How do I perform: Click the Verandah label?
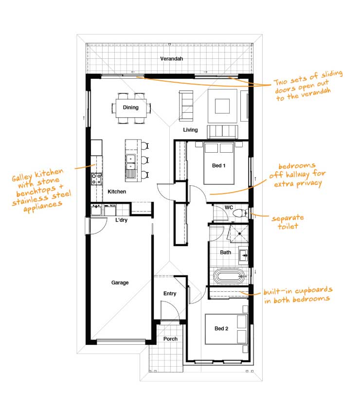(172, 59)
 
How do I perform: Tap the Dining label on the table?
(131, 107)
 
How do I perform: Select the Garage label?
(120, 283)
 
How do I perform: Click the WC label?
(229, 207)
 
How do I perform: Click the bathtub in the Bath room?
(229, 277)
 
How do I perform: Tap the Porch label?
(170, 339)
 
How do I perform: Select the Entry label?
(170, 294)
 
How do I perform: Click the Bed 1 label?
(218, 165)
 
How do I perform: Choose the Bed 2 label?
(221, 329)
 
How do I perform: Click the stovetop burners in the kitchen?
(96, 179)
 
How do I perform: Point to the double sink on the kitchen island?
(131, 162)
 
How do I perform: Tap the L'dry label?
(122, 220)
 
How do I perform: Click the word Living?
(190, 130)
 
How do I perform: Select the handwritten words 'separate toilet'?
(288, 222)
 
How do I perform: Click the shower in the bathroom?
(238, 233)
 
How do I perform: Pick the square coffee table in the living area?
(222, 106)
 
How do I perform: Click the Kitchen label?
(117, 192)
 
